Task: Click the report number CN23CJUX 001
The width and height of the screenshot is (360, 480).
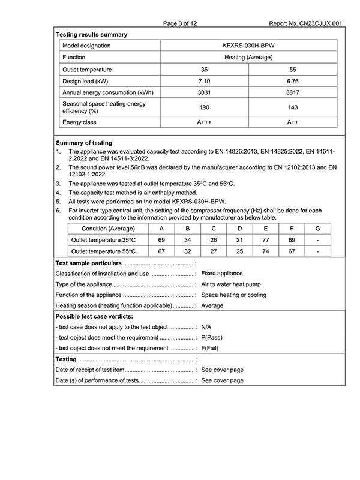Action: [x=306, y=23]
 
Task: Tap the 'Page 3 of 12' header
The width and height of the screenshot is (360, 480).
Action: [x=179, y=23]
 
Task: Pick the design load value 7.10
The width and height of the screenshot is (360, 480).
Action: [x=203, y=82]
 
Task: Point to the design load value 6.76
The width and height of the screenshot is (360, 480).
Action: [x=293, y=82]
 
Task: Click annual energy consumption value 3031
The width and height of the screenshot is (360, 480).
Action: [x=203, y=93]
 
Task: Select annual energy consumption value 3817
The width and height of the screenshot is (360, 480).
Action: [x=293, y=93]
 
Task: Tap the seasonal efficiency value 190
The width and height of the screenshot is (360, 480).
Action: [x=203, y=107]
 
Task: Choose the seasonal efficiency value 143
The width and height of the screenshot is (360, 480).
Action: [x=293, y=107]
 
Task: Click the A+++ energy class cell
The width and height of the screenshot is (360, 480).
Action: [x=203, y=122]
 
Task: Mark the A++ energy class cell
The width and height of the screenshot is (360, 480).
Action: [x=293, y=122]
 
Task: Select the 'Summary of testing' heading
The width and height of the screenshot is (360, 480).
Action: [x=83, y=143]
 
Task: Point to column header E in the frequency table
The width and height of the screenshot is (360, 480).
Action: [x=266, y=228]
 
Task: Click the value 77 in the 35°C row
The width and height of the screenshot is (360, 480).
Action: [x=266, y=240]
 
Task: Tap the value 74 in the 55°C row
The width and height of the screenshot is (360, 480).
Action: [x=266, y=251]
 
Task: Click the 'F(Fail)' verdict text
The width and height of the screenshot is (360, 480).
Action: [x=214, y=348]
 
